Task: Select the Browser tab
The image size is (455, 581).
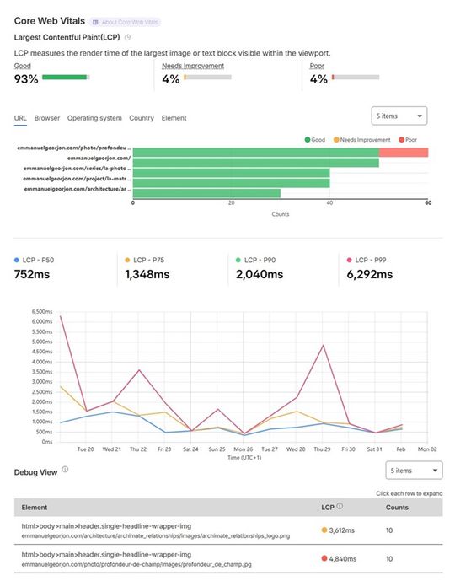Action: click(47, 118)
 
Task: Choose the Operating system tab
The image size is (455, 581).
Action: click(94, 118)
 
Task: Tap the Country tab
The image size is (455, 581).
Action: click(142, 118)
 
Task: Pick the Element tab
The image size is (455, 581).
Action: click(174, 118)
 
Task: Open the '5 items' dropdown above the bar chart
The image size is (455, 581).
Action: click(399, 116)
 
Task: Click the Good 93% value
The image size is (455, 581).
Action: click(26, 79)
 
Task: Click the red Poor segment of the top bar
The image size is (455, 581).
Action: click(403, 152)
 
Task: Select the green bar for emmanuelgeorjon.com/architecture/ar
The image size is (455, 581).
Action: click(206, 193)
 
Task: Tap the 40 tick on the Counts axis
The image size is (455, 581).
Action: click(330, 203)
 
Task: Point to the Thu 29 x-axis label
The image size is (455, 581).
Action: click(322, 449)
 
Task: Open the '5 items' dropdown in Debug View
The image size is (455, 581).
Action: click(414, 471)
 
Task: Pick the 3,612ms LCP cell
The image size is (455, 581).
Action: click(345, 530)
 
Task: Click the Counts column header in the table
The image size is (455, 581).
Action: click(398, 508)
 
